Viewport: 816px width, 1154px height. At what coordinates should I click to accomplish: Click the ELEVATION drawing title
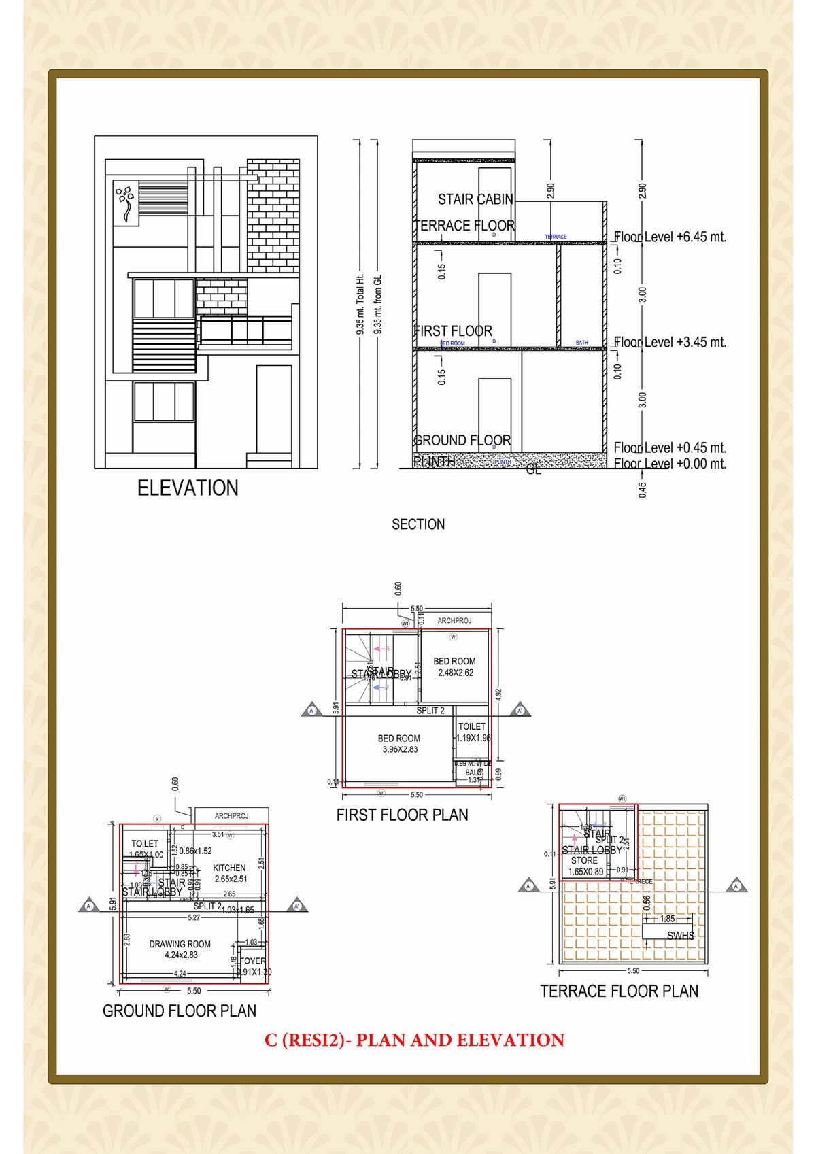[x=188, y=488]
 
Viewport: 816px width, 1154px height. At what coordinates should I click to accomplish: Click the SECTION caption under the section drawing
[x=418, y=524]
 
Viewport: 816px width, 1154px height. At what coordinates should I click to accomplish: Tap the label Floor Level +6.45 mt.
[x=670, y=237]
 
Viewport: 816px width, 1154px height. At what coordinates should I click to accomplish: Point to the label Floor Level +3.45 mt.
[x=670, y=343]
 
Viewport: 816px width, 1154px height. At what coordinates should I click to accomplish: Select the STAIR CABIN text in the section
[x=475, y=199]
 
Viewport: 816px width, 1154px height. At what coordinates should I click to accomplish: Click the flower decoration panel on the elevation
[x=126, y=203]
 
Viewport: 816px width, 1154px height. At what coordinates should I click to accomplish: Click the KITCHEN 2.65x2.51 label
[x=230, y=873]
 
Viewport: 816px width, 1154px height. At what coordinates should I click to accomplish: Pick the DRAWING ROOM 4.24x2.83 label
[x=180, y=949]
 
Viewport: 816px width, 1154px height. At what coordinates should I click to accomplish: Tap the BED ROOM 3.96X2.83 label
[x=399, y=744]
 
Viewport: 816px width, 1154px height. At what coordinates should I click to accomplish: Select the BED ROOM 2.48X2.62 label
[x=455, y=666]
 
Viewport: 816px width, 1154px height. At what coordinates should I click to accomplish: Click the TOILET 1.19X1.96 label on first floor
[x=473, y=732]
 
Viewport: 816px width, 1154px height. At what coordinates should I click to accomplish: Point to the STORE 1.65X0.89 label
[x=585, y=866]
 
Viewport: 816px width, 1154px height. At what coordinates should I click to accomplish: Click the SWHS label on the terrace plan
[x=680, y=936]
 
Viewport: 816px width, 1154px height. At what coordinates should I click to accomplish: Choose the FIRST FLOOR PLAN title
[x=402, y=815]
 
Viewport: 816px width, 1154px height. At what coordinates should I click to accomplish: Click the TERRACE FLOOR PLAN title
[x=619, y=991]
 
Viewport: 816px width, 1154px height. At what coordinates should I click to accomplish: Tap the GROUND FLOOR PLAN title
[x=180, y=1011]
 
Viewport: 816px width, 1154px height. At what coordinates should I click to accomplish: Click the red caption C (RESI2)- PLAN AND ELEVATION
[x=414, y=1040]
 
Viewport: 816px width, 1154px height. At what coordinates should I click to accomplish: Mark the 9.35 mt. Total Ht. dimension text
[x=360, y=304]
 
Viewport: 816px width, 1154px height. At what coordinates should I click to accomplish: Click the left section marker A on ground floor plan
[x=88, y=906]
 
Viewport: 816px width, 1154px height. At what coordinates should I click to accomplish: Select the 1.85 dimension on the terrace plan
[x=667, y=919]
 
